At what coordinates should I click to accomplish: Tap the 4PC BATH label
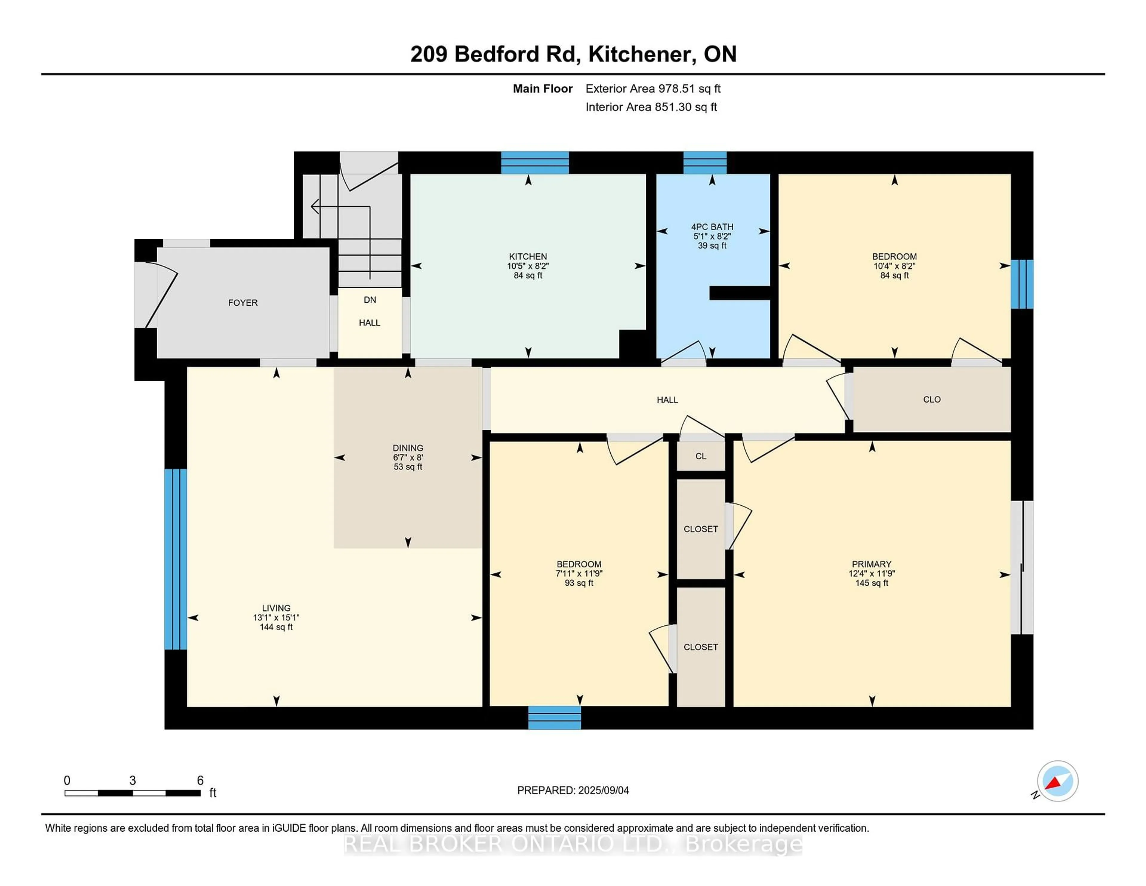(712, 227)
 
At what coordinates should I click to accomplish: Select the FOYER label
(243, 303)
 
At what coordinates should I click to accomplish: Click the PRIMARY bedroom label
(871, 564)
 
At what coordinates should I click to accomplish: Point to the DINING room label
(408, 448)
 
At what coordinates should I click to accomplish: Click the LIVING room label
(276, 608)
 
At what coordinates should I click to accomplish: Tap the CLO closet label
(932, 399)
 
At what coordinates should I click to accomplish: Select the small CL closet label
(701, 456)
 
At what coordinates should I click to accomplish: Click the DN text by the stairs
(370, 300)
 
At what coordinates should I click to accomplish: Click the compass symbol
(1057, 781)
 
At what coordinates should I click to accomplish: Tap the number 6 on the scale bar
(200, 781)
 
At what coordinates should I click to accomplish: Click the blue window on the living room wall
(175, 559)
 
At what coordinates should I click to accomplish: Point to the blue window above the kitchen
(535, 163)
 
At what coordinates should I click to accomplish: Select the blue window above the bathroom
(705, 163)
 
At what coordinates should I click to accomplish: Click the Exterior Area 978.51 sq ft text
(653, 89)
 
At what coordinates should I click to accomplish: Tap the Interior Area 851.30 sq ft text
(651, 107)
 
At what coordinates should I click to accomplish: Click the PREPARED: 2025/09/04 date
(573, 790)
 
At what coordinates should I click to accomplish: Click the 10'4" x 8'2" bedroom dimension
(894, 266)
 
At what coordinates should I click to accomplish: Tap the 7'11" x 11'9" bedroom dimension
(579, 574)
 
